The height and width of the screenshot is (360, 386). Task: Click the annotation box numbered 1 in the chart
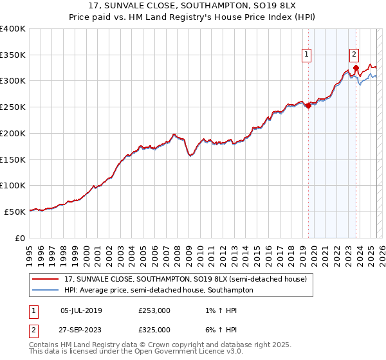308,55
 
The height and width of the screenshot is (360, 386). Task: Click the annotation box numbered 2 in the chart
354,55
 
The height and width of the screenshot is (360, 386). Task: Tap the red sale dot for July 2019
308,106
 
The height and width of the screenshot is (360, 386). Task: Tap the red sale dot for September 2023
356,67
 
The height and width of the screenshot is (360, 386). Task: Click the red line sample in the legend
46,280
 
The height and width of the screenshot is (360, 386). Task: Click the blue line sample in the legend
46,290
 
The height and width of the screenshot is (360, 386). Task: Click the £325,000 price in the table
154,329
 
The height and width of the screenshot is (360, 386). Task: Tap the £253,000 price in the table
154,310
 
